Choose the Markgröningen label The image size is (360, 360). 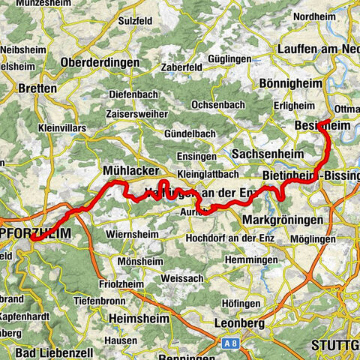[x=283, y=220]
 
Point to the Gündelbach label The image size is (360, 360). [x=190, y=133]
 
